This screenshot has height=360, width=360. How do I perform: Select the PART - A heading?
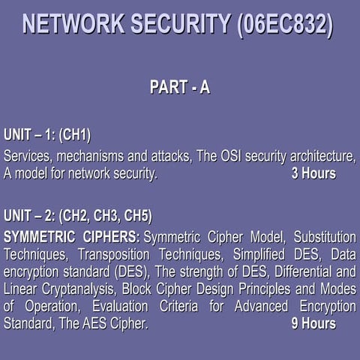[180, 88]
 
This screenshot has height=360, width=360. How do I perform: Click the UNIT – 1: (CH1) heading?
[47, 135]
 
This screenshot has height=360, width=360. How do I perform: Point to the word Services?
[28, 156]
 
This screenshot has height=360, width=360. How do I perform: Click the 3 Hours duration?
[313, 174]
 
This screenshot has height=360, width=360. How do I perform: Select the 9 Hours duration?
[313, 324]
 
